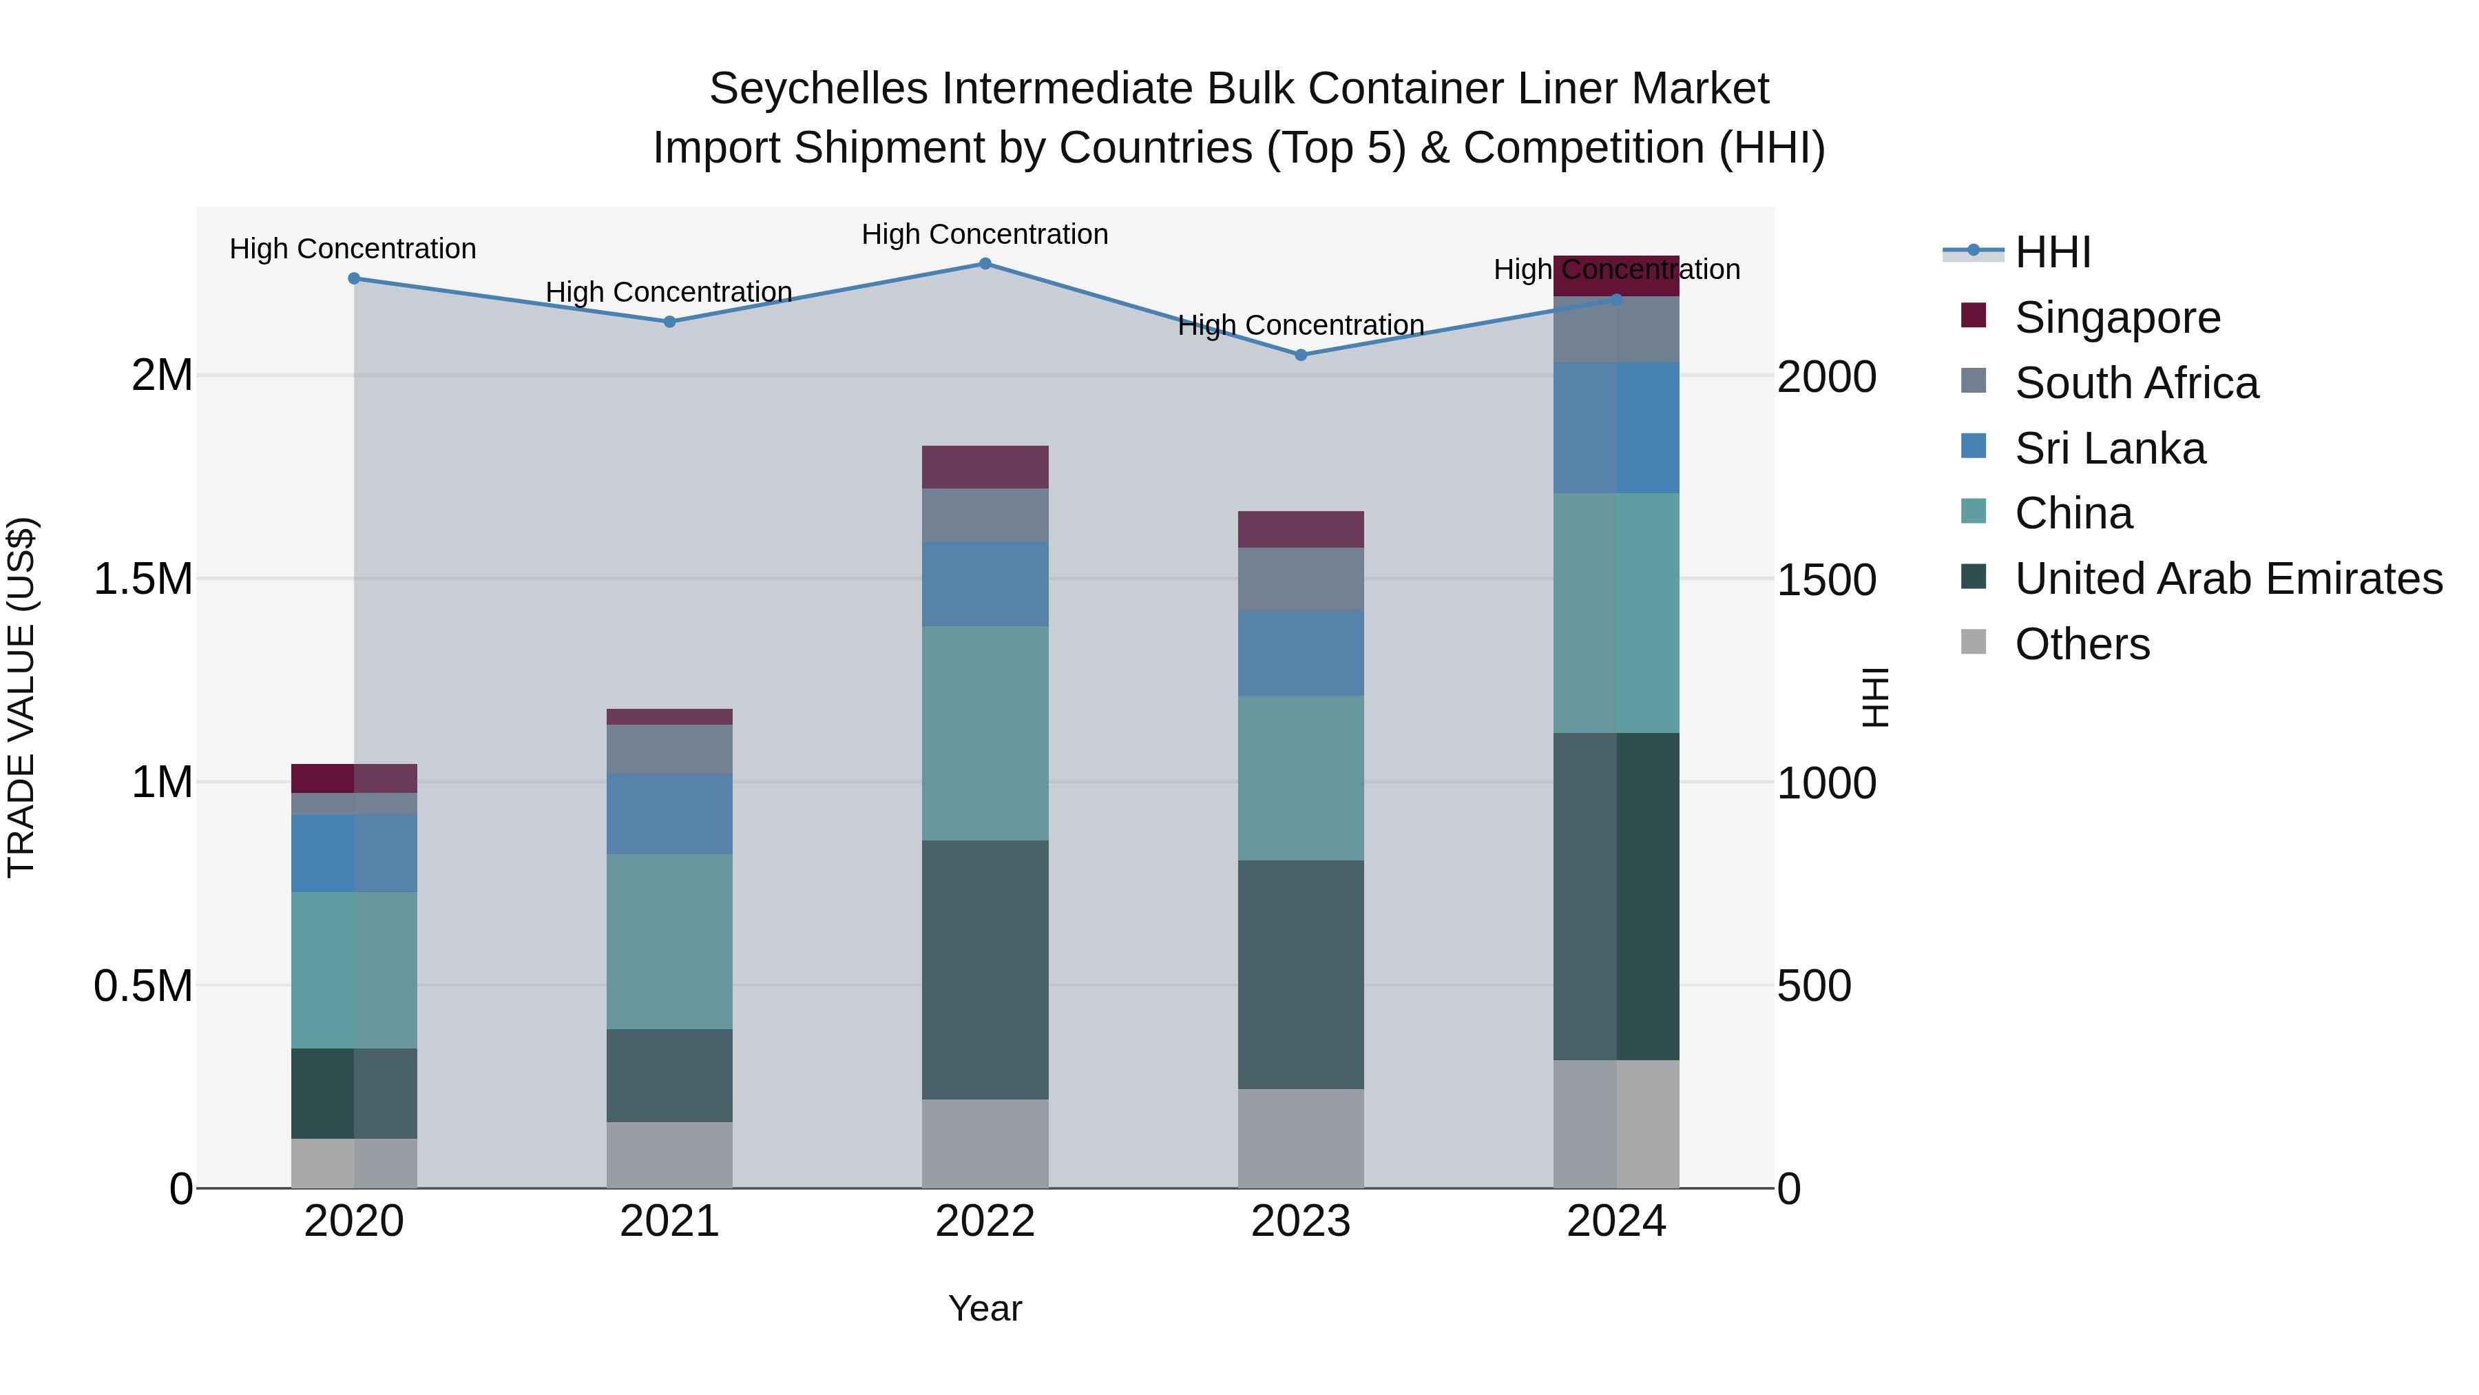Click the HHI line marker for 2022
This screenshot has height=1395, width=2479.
click(985, 263)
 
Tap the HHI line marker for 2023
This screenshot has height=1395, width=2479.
click(1300, 354)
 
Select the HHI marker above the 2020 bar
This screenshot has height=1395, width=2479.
click(353, 278)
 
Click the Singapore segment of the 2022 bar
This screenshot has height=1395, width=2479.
click(985, 467)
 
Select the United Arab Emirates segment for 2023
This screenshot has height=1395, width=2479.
click(1300, 974)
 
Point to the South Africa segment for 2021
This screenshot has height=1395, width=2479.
click(669, 749)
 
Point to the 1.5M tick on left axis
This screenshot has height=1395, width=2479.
click(143, 579)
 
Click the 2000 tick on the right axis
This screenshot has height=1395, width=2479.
click(1826, 376)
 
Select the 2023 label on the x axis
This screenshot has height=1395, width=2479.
click(1300, 1221)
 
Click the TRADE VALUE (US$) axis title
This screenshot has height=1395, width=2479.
click(21, 697)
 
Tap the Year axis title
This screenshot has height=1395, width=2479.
click(985, 1308)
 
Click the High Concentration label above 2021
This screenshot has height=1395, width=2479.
click(669, 291)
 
